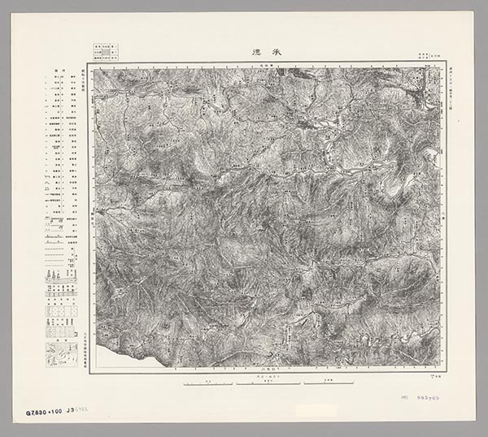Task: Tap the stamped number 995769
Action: (428, 398)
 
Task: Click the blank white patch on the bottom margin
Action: (316, 410)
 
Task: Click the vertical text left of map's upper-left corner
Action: (85, 81)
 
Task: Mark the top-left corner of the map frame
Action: (90, 67)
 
